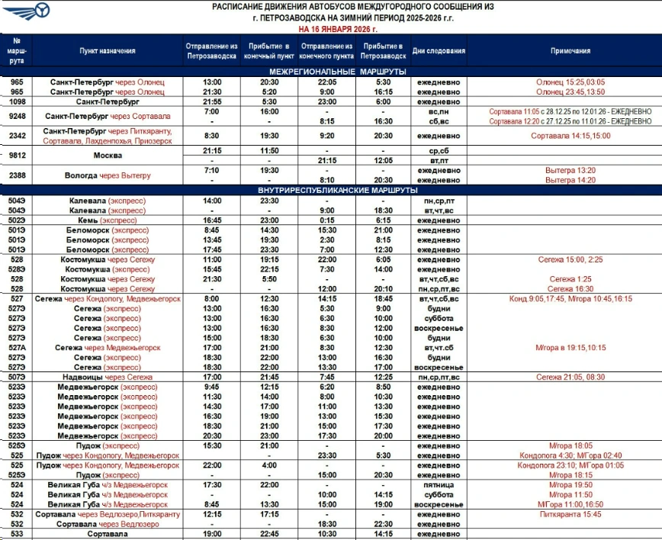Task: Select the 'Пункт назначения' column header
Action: click(108, 51)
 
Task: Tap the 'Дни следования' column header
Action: click(439, 51)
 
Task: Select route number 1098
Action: click(17, 101)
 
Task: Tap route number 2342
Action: click(17, 137)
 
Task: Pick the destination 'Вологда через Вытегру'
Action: click(108, 175)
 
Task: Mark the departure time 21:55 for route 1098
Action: click(212, 101)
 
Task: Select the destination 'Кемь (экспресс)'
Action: click(108, 220)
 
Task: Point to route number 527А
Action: click(17, 348)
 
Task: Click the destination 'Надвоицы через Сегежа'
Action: click(108, 378)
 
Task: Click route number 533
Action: click(17, 535)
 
